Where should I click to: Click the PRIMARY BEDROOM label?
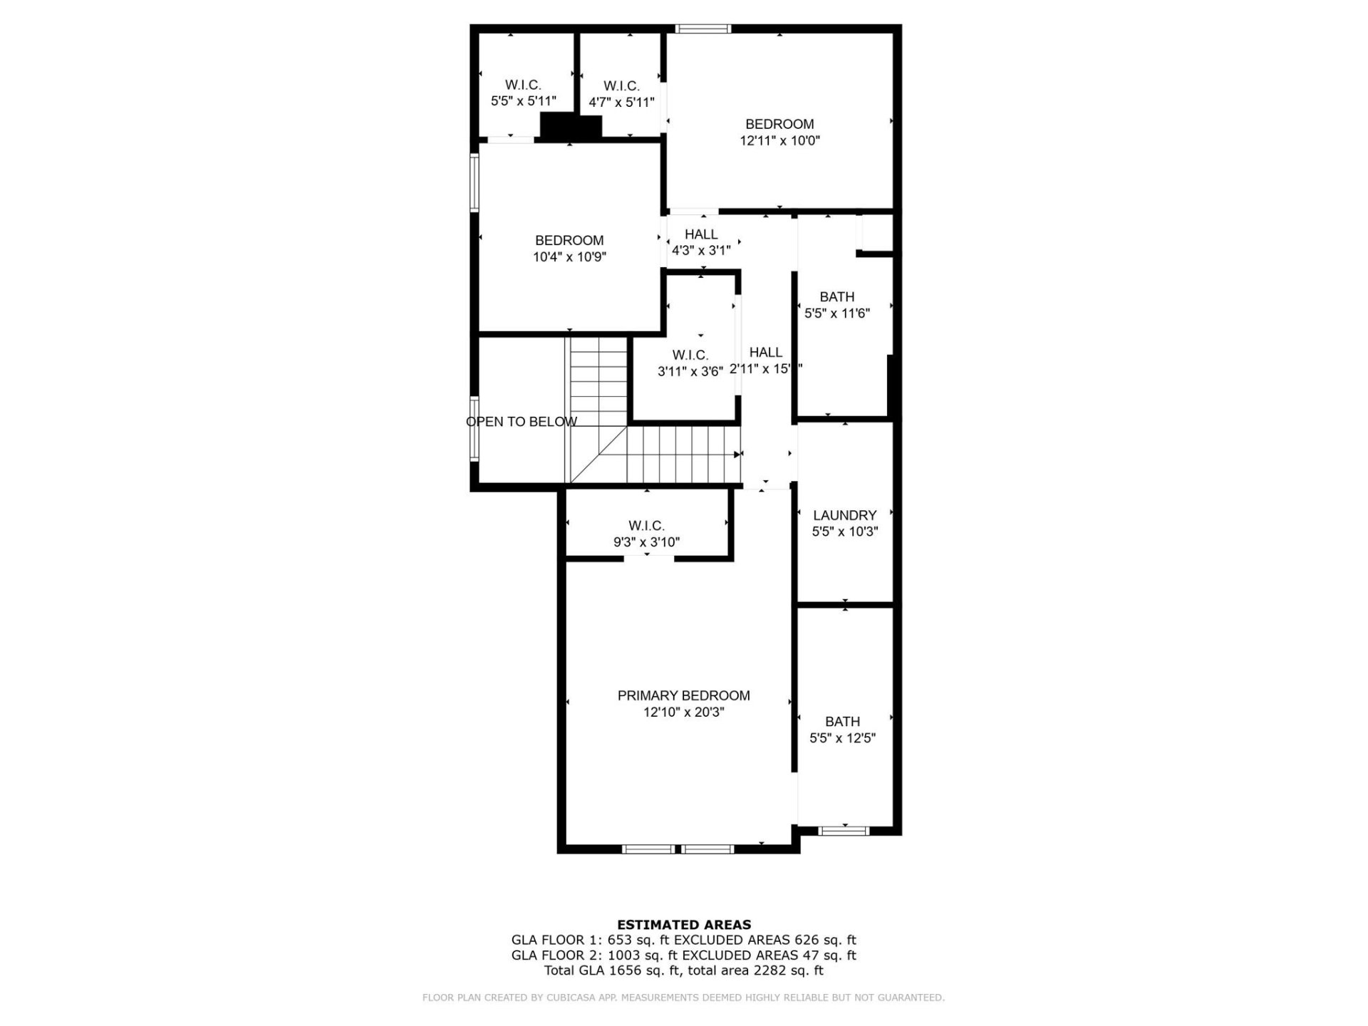click(x=683, y=695)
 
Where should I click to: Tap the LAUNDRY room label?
click(x=844, y=515)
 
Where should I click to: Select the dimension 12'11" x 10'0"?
click(x=779, y=141)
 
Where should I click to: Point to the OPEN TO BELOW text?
click(x=522, y=422)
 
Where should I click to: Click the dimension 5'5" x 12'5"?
click(x=842, y=738)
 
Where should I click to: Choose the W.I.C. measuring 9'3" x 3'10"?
click(x=646, y=526)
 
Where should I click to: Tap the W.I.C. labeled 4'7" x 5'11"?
click(x=621, y=86)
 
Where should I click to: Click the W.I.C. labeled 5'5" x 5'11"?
click(x=523, y=85)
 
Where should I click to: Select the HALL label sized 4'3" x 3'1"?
click(x=701, y=234)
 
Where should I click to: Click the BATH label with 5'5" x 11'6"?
click(x=836, y=297)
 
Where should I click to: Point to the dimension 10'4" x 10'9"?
click(x=569, y=257)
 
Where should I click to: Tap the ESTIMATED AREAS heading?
click(x=683, y=925)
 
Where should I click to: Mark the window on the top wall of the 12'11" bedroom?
click(x=703, y=29)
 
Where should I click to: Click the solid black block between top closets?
click(x=571, y=126)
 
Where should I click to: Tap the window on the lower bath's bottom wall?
click(x=844, y=830)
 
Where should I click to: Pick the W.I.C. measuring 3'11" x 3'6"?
click(x=690, y=355)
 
